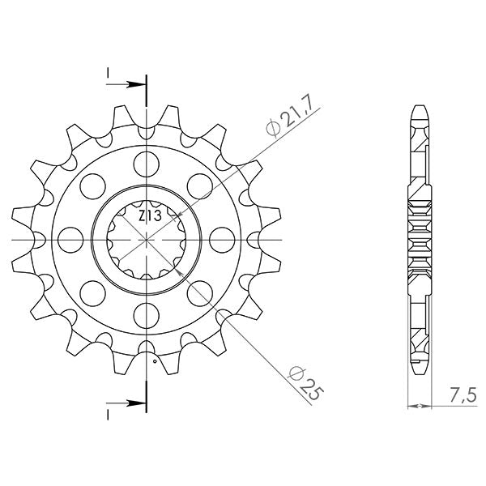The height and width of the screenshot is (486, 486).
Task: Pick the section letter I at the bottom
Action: pos(108,413)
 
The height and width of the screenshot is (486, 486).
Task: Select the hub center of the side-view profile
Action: pos(420,241)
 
